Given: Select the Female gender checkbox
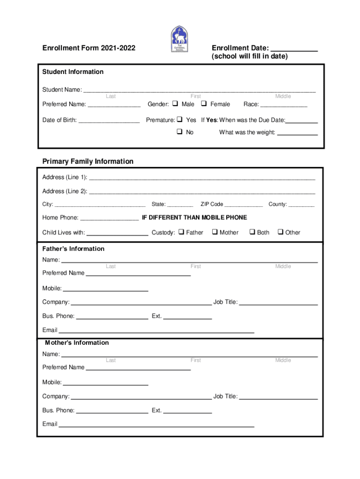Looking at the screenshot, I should pos(204,103).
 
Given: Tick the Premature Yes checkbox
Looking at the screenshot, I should pos(180,120).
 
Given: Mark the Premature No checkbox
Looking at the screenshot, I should pos(180,132).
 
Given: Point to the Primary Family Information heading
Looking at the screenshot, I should pos(88,161).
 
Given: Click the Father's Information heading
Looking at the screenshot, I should pos(73,249).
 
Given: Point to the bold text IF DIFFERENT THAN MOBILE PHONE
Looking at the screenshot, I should pos(194,218).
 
